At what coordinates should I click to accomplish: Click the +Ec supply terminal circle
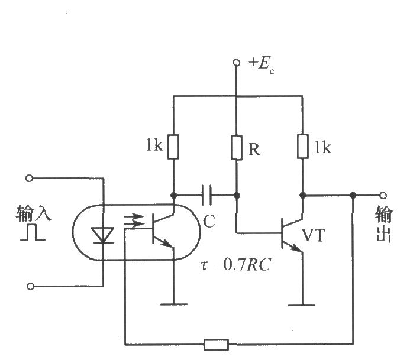tap(237, 63)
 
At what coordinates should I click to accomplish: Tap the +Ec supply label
tap(262, 65)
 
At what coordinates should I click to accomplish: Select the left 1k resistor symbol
tap(173, 147)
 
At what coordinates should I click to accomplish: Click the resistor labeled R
tap(237, 148)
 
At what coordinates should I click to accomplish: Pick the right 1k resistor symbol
tap(303, 146)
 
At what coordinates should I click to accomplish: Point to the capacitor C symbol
tap(206, 195)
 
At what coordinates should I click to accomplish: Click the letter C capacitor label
tap(209, 221)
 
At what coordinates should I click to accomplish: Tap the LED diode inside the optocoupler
tap(103, 235)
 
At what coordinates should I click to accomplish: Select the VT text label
tap(314, 235)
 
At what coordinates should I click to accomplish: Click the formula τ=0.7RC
tap(235, 264)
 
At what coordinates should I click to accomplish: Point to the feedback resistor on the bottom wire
tap(216, 345)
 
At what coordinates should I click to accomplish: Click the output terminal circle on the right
tap(383, 195)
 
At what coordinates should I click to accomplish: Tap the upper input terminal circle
tap(30, 178)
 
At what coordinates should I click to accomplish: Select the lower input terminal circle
tap(30, 286)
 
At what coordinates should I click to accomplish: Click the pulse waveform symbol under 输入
tap(33, 232)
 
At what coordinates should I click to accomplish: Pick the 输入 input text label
tap(34, 213)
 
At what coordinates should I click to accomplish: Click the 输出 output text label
tap(384, 225)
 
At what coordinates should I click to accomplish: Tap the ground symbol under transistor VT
tap(302, 305)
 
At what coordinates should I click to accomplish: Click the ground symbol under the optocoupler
tap(173, 304)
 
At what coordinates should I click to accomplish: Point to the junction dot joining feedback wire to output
tap(353, 195)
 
